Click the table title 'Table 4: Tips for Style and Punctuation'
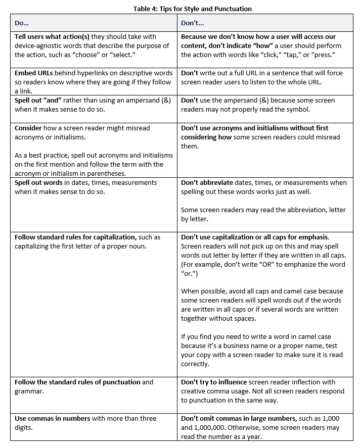click(192, 9)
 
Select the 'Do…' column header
click(22, 23)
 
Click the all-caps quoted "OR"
click(294, 264)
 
